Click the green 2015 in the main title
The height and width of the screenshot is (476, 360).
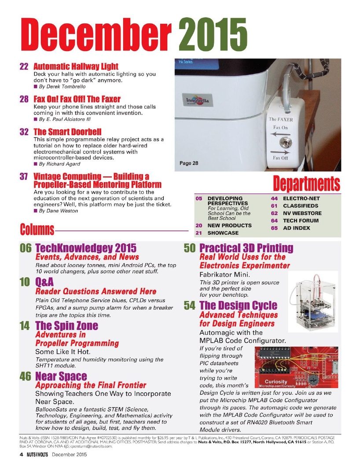coord(213,36)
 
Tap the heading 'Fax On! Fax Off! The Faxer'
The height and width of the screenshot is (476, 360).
coord(77,99)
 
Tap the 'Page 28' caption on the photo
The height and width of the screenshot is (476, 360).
coord(189,163)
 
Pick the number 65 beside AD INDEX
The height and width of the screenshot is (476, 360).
coord(274,228)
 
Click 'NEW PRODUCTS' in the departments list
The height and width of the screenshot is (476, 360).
coord(230,225)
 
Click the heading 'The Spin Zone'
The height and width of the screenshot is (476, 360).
coord(66,326)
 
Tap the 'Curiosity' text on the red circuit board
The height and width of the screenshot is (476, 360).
coord(276,381)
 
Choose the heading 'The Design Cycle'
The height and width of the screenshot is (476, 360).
coord(238,305)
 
